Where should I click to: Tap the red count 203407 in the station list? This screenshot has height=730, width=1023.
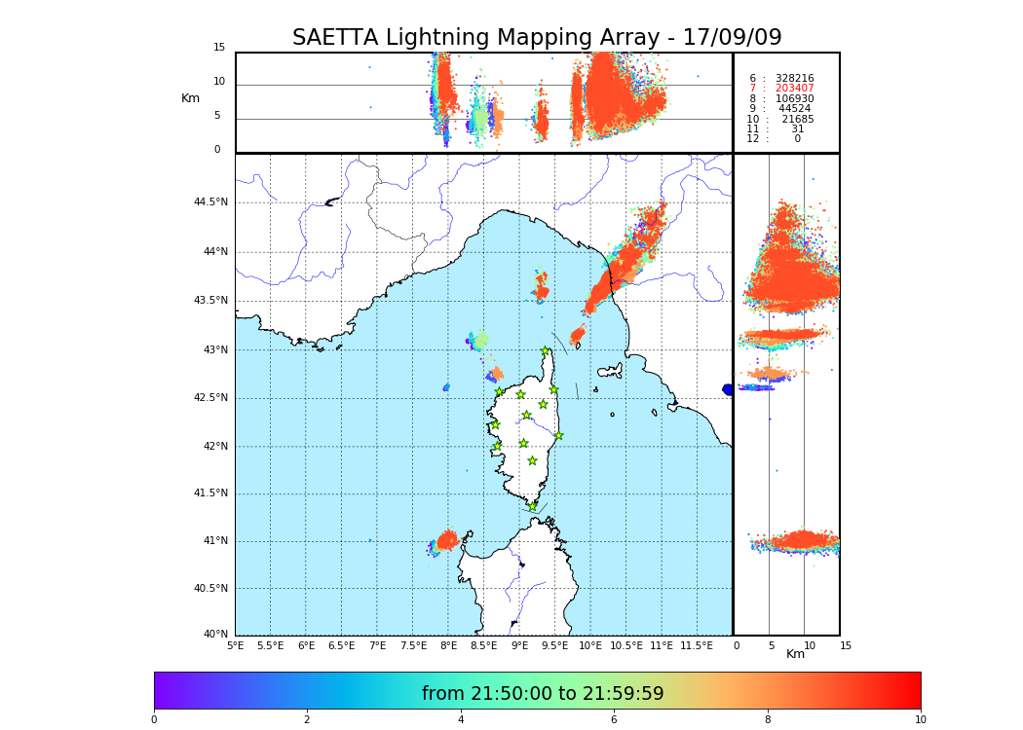[x=794, y=89]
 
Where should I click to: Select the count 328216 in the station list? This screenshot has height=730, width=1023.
[x=794, y=78]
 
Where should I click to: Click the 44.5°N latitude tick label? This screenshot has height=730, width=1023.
[x=210, y=202]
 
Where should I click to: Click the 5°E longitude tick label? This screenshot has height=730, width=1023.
[x=235, y=645]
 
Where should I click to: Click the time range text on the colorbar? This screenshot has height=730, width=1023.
[x=543, y=694]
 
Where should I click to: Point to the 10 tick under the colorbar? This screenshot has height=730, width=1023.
[x=920, y=720]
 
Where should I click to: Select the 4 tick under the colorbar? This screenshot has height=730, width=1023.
[x=460, y=720]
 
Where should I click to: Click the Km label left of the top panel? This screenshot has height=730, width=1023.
[x=190, y=98]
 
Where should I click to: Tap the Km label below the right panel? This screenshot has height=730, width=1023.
[x=795, y=654]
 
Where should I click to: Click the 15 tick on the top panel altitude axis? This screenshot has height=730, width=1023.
[x=219, y=48]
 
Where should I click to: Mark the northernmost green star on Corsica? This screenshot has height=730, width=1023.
[x=546, y=351]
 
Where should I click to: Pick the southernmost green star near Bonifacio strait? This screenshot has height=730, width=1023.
[x=533, y=506]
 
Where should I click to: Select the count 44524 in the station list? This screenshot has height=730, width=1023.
[x=794, y=109]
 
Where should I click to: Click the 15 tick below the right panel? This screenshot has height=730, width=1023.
[x=846, y=645]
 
